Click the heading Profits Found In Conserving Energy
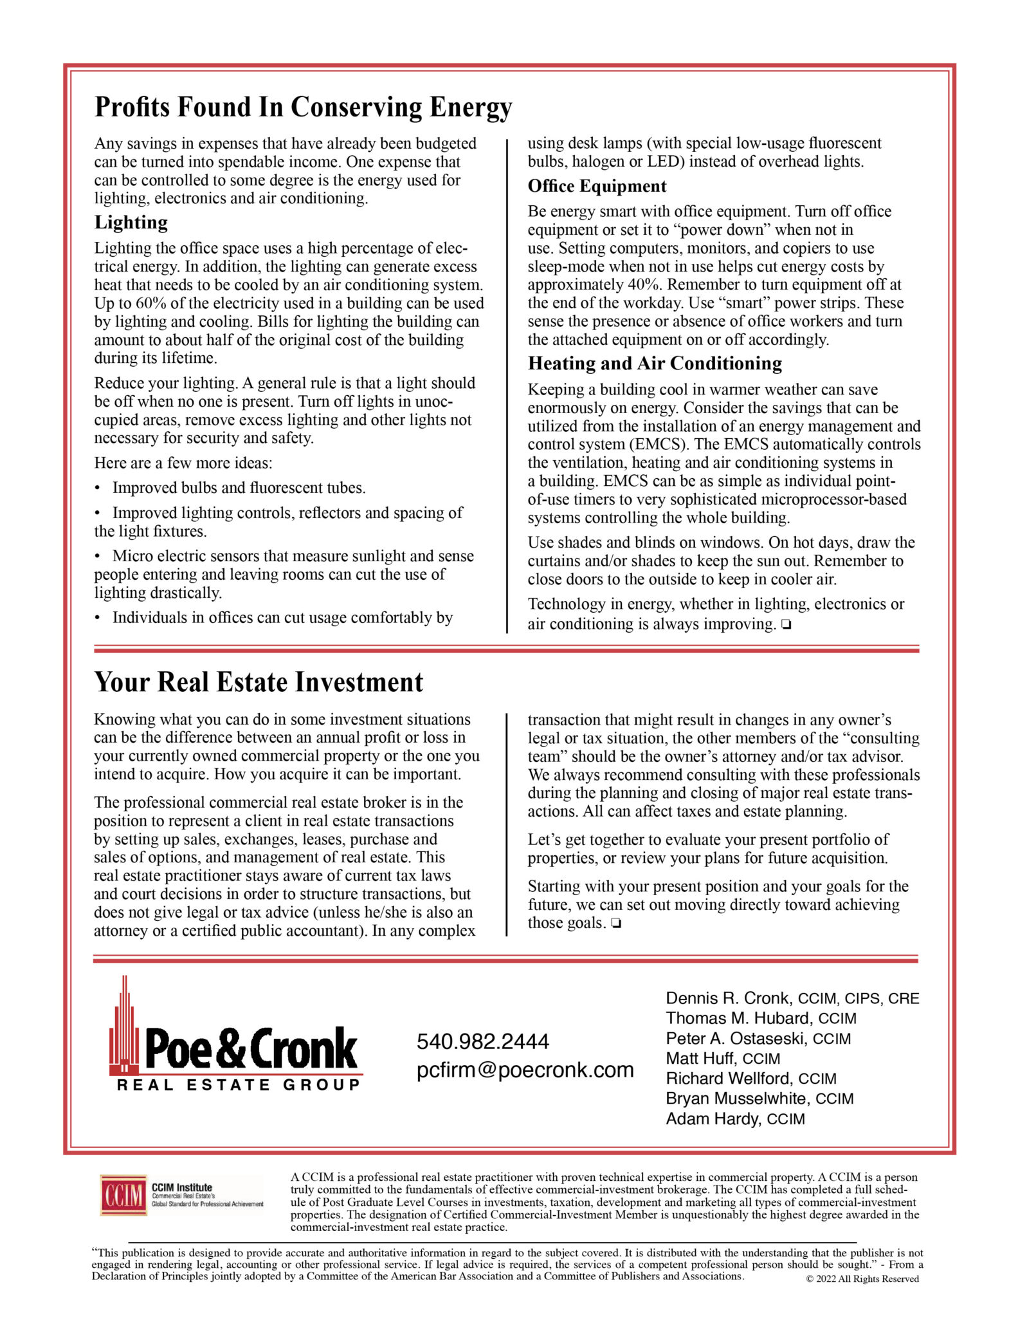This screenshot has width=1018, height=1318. [303, 107]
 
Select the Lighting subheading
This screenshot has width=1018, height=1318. [131, 223]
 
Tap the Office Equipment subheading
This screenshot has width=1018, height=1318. [597, 187]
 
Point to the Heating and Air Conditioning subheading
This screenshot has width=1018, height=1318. [655, 364]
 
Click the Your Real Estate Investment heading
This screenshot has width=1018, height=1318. [259, 683]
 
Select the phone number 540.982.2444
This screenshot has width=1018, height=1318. [482, 1041]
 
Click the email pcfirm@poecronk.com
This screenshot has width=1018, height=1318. [525, 1070]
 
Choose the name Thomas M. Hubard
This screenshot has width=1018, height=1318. [738, 1018]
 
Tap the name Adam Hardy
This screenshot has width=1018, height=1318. [712, 1118]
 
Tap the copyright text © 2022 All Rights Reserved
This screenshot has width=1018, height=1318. [862, 1279]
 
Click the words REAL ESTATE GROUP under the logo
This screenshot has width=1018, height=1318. [239, 1085]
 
